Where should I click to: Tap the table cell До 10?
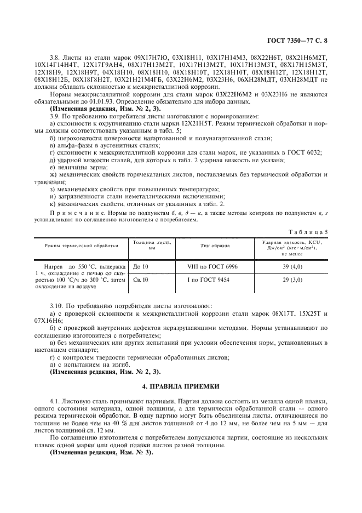click(x=141, y=266)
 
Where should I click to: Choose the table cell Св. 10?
click(x=141, y=280)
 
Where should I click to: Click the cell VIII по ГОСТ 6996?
click(x=208, y=266)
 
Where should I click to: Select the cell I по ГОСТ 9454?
click(x=208, y=280)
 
